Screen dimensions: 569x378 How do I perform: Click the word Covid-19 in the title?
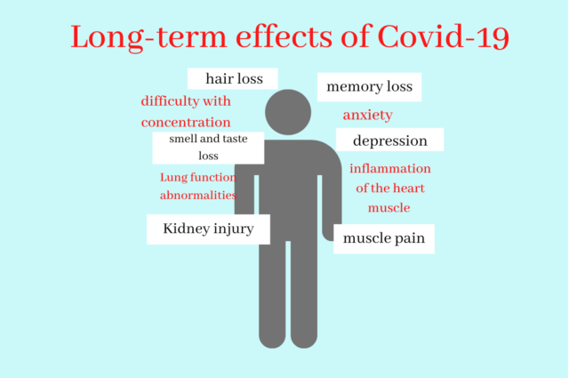444,36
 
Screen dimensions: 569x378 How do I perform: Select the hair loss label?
233,78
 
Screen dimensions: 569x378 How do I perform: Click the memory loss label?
370,87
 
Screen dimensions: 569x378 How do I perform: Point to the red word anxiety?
367,115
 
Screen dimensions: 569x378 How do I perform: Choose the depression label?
389,140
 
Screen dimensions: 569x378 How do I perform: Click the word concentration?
186,122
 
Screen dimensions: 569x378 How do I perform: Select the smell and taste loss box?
208,148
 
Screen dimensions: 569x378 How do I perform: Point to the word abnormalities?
198,196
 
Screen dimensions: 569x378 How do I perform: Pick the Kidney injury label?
208,229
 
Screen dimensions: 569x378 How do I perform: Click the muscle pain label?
384,238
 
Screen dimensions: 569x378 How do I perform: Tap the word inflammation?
390,168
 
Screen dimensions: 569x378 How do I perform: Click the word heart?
409,188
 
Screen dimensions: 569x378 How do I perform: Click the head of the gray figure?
288,112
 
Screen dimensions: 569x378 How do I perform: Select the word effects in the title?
284,36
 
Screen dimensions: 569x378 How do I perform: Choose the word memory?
352,87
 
